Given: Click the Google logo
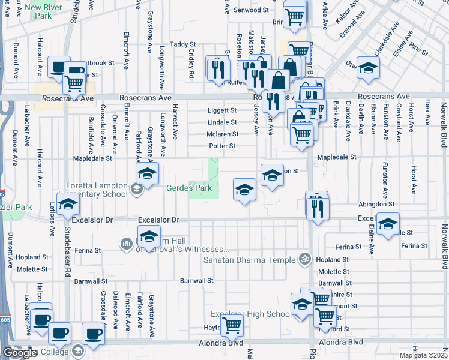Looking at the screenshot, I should [20, 352].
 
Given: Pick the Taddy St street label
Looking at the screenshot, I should [183, 44].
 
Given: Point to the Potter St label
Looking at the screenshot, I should [222, 146].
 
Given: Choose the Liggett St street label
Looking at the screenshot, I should [222, 110].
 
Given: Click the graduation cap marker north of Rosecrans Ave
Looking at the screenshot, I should [368, 68].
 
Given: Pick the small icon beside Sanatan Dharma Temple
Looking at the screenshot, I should [305, 260].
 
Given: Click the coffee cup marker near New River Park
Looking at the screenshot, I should [59, 67].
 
